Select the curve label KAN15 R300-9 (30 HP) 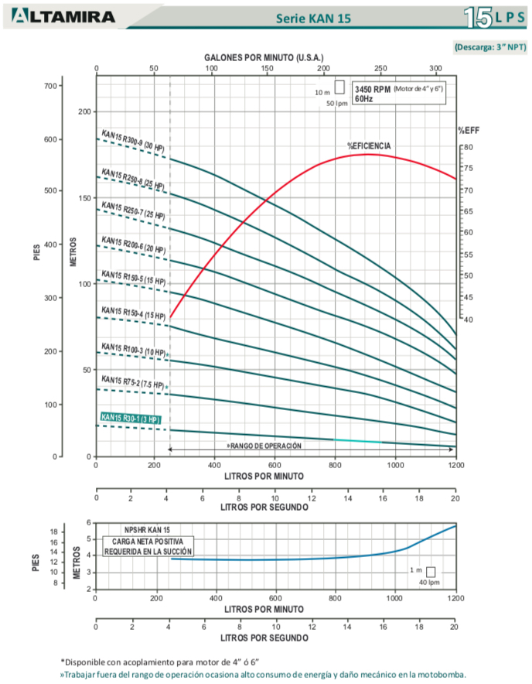133,142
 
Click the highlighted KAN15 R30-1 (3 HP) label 130,419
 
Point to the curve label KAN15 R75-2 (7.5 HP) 132,382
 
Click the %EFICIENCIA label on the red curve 369,146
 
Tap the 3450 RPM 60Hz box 399,94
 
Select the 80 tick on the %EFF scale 469,146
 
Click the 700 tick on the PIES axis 52,85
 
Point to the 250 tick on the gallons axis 380,69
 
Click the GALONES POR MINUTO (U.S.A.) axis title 264,58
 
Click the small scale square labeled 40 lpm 431,572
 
